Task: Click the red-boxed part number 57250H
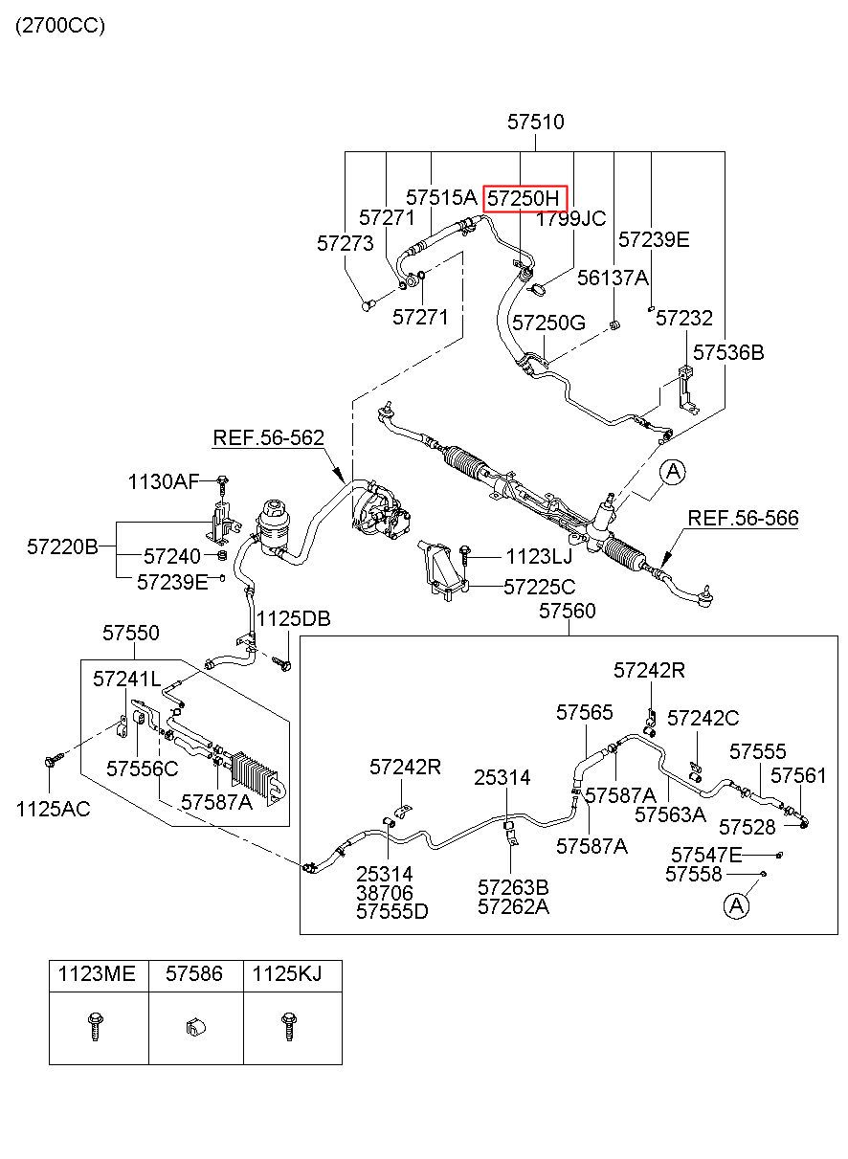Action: pos(524,199)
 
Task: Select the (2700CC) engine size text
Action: pos(60,26)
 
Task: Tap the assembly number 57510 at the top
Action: pos(535,123)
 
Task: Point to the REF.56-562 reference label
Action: pos(269,437)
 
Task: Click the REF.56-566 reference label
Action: pos(743,518)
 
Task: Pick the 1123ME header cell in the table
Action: pos(97,973)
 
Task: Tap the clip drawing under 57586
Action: pos(195,1027)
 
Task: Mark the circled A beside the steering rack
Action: pos(673,472)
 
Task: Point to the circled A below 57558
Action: pos(736,905)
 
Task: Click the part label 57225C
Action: pos(540,587)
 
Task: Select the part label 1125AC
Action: pos(54,809)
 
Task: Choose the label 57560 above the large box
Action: pos(567,611)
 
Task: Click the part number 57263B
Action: pos(513,887)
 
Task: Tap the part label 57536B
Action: pos(728,353)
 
